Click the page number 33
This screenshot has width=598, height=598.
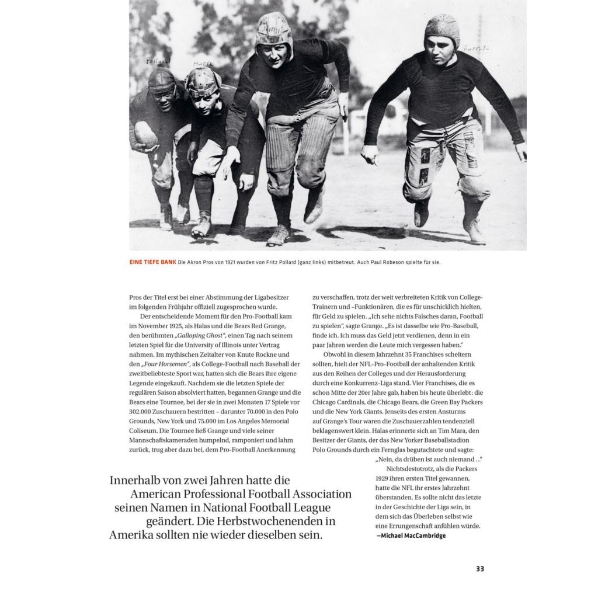(x=480, y=569)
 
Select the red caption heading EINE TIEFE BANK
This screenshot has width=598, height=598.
(x=152, y=262)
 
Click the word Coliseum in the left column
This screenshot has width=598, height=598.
(x=144, y=430)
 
